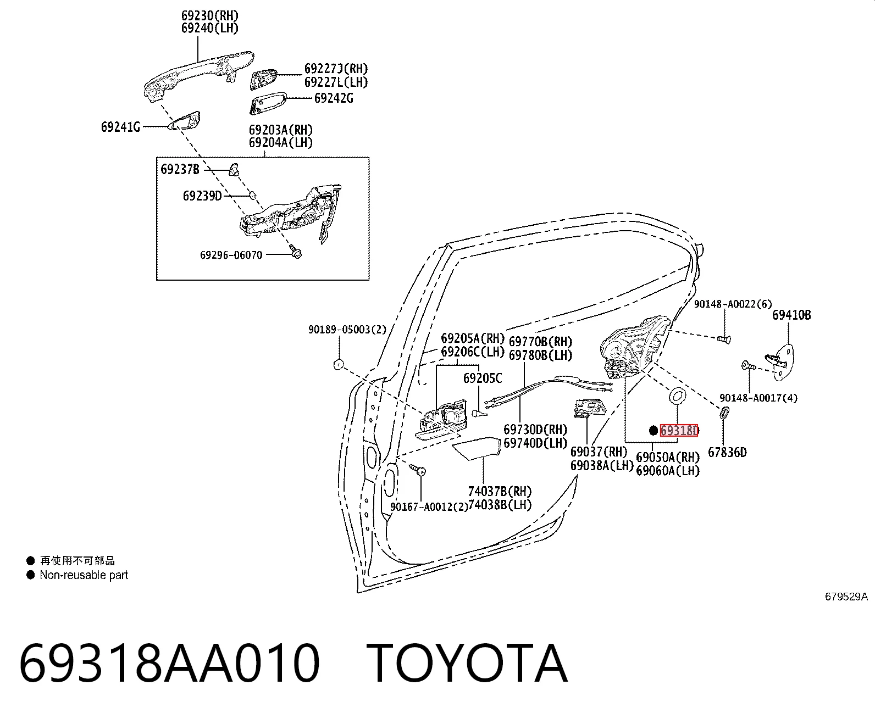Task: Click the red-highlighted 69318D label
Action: pyautogui.click(x=679, y=430)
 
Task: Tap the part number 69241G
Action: pyautogui.click(x=120, y=127)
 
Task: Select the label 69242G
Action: pyautogui.click(x=334, y=98)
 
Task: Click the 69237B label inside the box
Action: pyautogui.click(x=180, y=169)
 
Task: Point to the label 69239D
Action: pyautogui.click(x=202, y=196)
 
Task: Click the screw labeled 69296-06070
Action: pyautogui.click(x=296, y=252)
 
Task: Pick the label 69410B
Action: pyautogui.click(x=791, y=315)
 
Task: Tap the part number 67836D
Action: pyautogui.click(x=727, y=453)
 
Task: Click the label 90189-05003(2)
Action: pyautogui.click(x=347, y=330)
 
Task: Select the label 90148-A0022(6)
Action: pyautogui.click(x=733, y=304)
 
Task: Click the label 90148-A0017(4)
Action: pyautogui.click(x=758, y=398)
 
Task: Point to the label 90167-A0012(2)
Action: pyautogui.click(x=429, y=507)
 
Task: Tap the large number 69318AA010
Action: pyautogui.click(x=169, y=663)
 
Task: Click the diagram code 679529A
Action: pyautogui.click(x=846, y=597)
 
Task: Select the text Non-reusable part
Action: pyautogui.click(x=84, y=575)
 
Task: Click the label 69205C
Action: pyautogui.click(x=482, y=378)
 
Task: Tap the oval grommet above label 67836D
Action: pyautogui.click(x=724, y=413)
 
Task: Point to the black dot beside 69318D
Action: pyautogui.click(x=653, y=430)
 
